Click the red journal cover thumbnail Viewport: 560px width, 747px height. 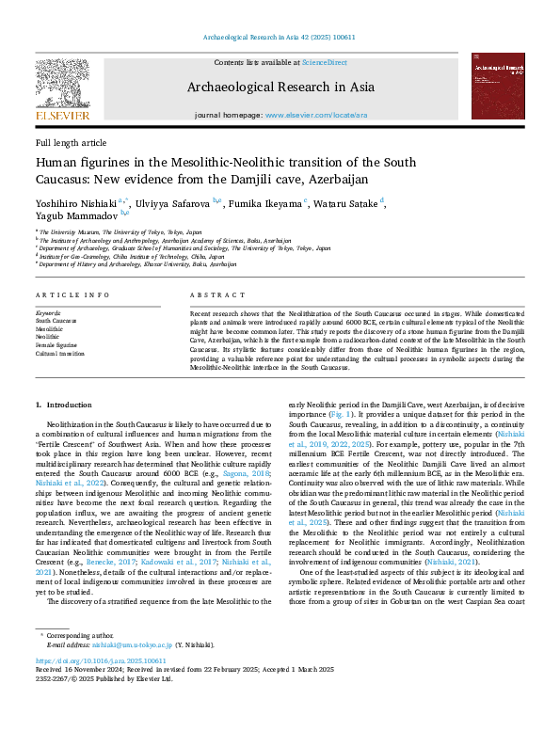498,86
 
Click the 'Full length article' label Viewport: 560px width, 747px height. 72,142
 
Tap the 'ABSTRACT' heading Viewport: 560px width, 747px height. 212,294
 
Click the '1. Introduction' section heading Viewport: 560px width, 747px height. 64,405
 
